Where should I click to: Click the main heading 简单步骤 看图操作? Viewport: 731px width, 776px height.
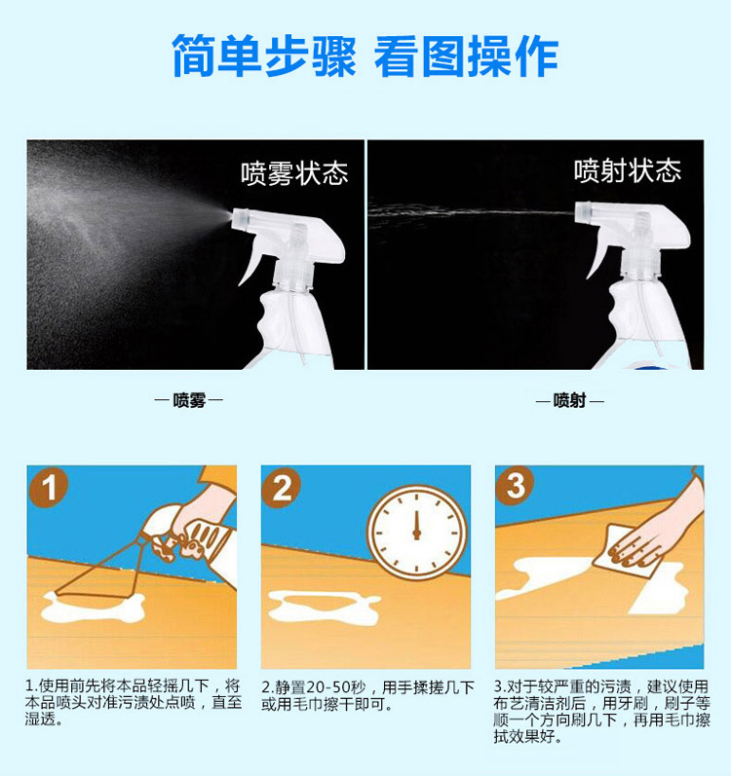[x=365, y=55]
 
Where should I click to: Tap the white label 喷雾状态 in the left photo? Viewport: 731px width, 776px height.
[x=294, y=173]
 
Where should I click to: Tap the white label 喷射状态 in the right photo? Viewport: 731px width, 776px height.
[x=628, y=170]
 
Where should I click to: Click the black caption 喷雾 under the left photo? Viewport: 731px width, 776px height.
[x=189, y=400]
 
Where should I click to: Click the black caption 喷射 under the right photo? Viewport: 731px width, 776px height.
[x=569, y=400]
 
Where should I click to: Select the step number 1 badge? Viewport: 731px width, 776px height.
[x=49, y=488]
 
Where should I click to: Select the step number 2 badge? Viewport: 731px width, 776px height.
[x=282, y=488]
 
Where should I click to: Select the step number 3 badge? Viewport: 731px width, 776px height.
[x=515, y=486]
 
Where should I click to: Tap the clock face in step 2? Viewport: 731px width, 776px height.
[x=417, y=532]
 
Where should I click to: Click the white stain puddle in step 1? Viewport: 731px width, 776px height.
[x=94, y=607]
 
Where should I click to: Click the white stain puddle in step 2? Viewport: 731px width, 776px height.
[x=325, y=608]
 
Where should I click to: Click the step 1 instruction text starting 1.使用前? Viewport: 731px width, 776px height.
[x=134, y=702]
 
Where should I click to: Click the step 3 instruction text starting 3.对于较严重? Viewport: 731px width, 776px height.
[x=601, y=711]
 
